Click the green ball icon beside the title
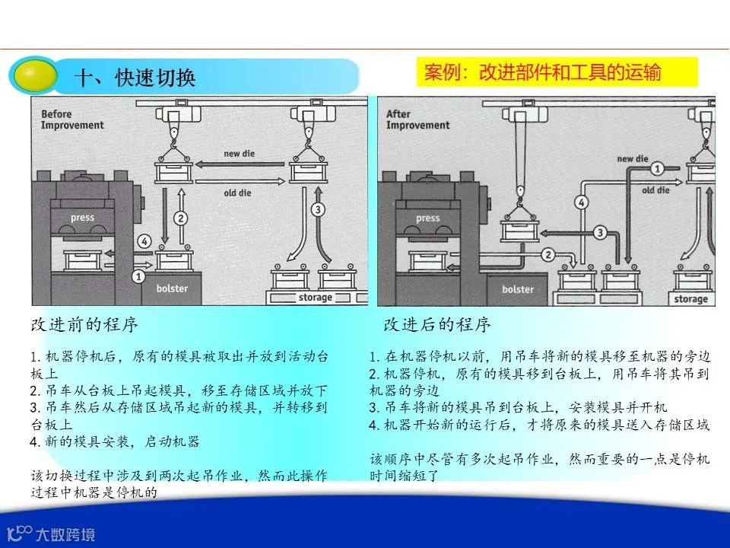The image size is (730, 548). [x=33, y=75]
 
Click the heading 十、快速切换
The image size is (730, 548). [x=136, y=78]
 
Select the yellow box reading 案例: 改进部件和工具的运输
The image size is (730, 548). [x=542, y=72]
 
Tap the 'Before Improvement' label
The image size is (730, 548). [x=72, y=120]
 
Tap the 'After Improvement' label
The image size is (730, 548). [x=418, y=120]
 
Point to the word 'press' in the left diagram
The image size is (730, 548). [x=82, y=218]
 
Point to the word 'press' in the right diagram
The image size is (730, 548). [x=427, y=218]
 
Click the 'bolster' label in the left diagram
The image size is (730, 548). [x=172, y=289]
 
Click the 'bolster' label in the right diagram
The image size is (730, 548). [x=518, y=289]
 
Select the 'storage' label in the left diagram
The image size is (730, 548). [x=315, y=298]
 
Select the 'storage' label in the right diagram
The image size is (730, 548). [x=690, y=299]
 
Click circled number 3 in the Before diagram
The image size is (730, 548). [x=319, y=209]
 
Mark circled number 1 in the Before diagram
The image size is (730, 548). [x=139, y=277]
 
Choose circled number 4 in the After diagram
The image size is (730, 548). [x=581, y=202]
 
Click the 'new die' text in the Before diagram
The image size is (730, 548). [x=240, y=154]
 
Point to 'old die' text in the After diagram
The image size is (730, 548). [x=653, y=190]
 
